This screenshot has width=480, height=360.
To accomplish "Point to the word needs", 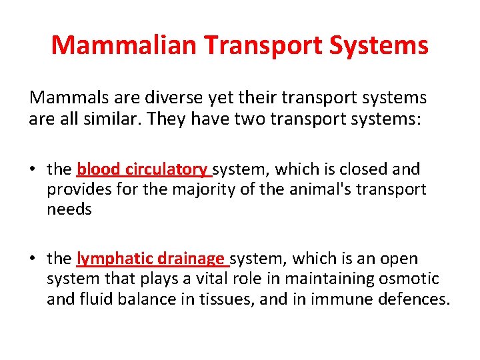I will (69, 209).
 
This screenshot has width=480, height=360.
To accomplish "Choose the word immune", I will (334, 299).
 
